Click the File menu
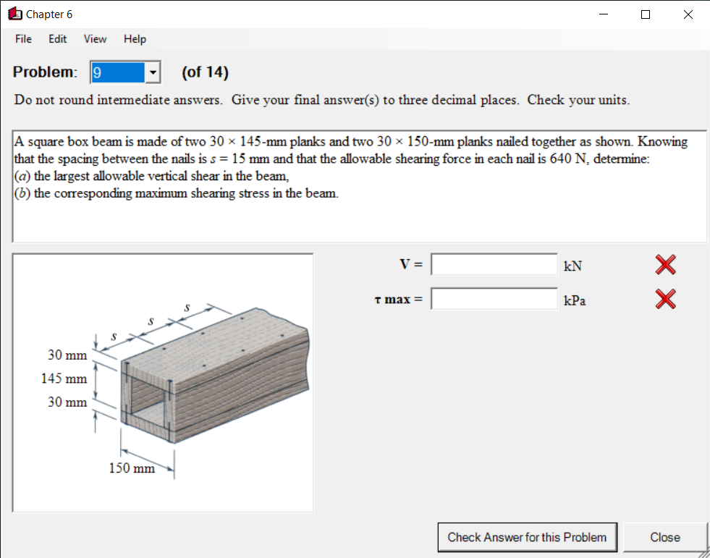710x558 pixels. pos(23,39)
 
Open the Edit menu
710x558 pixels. pos(58,39)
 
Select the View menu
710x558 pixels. pos(95,39)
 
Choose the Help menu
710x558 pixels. pos(135,39)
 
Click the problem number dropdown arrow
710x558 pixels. pos(153,72)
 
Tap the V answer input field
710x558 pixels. pos(494,265)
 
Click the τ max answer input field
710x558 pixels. pos(494,298)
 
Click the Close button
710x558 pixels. pos(664,537)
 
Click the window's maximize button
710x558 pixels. pos(645,14)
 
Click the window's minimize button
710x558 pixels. pos(603,14)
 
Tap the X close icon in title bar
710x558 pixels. pos(688,14)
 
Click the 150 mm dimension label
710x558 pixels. pos(132,468)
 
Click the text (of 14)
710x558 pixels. pos(205,72)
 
